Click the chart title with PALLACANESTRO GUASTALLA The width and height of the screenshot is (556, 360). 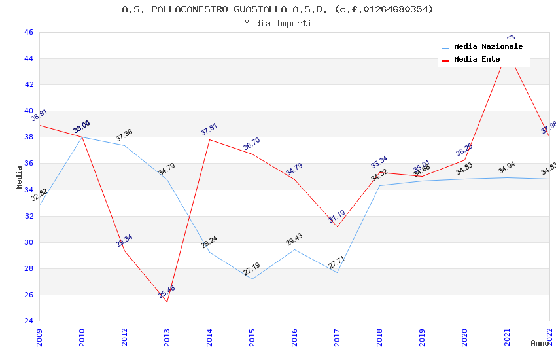coord(277,9)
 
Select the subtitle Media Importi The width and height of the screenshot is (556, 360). coord(277,23)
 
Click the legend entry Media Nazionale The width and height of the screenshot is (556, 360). coord(488,47)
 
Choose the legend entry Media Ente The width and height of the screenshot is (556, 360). coord(477,60)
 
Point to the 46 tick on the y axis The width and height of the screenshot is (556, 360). coord(27,32)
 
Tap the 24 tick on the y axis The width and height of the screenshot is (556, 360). coord(27,321)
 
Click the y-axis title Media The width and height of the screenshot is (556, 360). coord(20,177)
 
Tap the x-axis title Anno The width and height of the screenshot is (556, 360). coord(540,343)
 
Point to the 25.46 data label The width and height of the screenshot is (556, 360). coord(167,292)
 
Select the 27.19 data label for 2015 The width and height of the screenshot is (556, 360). coord(252,269)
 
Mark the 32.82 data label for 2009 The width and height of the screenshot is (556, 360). coord(39,195)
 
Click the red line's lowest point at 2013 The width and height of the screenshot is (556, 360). coord(167,302)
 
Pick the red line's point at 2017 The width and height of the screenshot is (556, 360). coord(337,226)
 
